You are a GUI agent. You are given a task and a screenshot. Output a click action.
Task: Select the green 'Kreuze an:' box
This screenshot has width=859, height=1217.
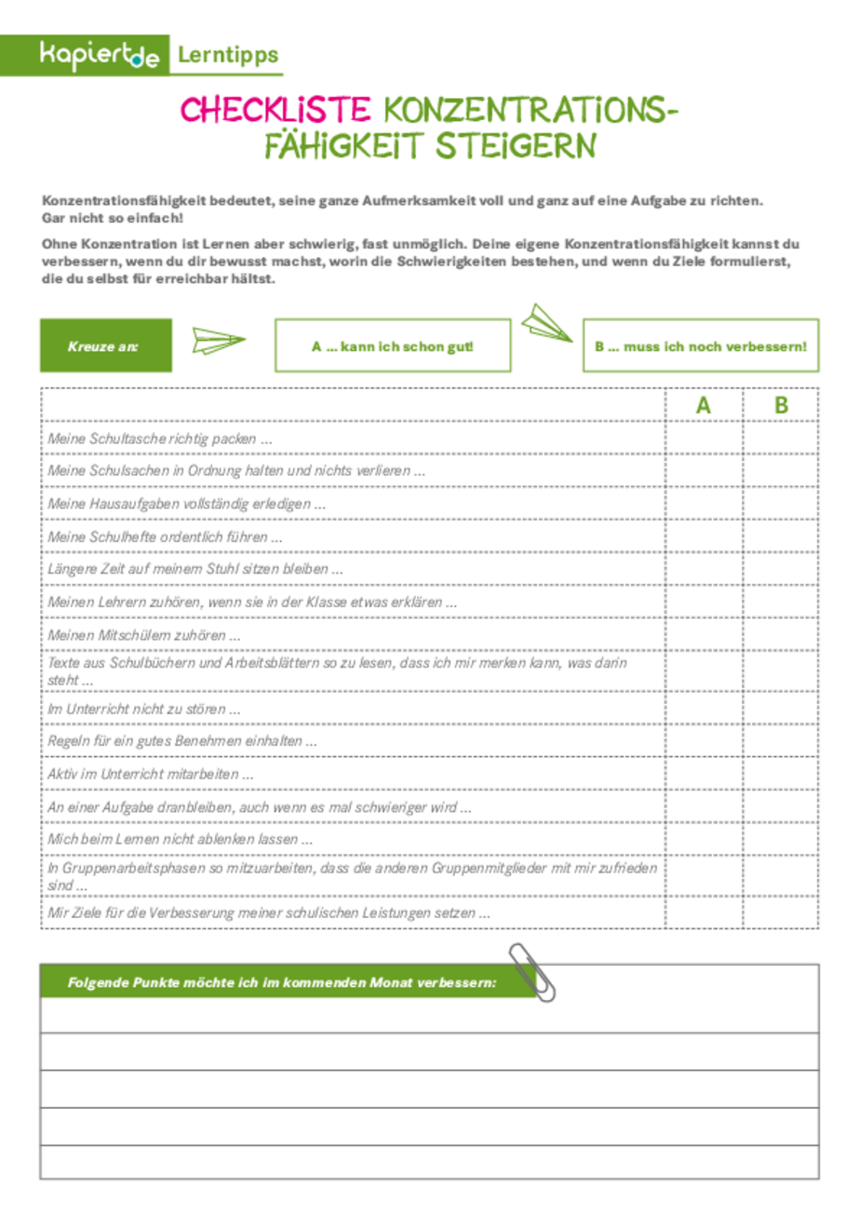tap(105, 345)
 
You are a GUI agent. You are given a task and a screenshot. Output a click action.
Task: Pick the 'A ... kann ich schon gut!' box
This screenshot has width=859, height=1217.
tap(394, 345)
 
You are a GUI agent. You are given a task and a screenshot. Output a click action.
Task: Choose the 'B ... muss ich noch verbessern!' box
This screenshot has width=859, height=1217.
tap(700, 345)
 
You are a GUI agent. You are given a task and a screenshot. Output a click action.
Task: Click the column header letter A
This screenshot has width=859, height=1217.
tap(704, 405)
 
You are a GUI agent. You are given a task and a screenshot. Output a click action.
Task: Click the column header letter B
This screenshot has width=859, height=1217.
tap(781, 405)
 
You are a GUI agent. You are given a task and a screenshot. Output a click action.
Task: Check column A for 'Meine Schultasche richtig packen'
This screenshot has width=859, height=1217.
tap(704, 438)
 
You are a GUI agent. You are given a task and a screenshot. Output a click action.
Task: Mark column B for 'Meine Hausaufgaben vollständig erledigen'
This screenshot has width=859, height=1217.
tap(781, 504)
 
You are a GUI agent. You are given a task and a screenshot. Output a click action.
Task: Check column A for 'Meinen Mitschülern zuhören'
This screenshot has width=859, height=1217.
tap(704, 635)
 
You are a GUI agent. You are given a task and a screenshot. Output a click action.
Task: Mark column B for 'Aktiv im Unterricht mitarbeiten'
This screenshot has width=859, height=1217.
tap(781, 774)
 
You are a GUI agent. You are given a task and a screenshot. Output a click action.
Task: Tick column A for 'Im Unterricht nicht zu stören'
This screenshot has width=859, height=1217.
tap(704, 709)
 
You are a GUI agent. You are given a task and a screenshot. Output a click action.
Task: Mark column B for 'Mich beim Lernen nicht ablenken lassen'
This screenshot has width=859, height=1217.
tap(781, 839)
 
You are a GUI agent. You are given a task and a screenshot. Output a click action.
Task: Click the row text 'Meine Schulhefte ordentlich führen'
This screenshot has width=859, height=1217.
tap(164, 537)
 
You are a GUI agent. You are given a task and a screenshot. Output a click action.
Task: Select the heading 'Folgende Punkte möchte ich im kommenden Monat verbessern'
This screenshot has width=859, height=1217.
tap(281, 983)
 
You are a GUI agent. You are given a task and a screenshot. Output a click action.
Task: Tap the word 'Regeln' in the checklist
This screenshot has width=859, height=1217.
tap(67, 741)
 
